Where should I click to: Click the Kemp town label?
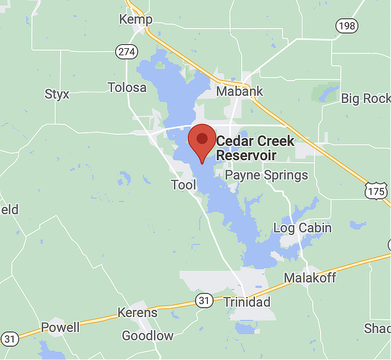coord(136,20)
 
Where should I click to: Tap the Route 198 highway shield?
coord(347,25)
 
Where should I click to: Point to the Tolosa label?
coord(127,87)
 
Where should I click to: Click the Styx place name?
coord(57,94)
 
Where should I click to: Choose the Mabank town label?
coord(240,91)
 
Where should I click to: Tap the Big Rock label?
coord(365,99)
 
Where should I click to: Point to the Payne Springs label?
coord(266,175)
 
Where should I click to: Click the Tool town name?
coord(183,185)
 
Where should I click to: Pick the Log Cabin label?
coord(302,228)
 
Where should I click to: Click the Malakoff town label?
coord(310,279)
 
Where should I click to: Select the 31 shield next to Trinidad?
coord(204,301)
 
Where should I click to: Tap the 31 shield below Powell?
coord(9,339)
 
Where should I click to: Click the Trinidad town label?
coord(246,303)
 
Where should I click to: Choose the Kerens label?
coord(137,312)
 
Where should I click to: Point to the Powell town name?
coord(60,327)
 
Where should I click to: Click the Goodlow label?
coord(148,336)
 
